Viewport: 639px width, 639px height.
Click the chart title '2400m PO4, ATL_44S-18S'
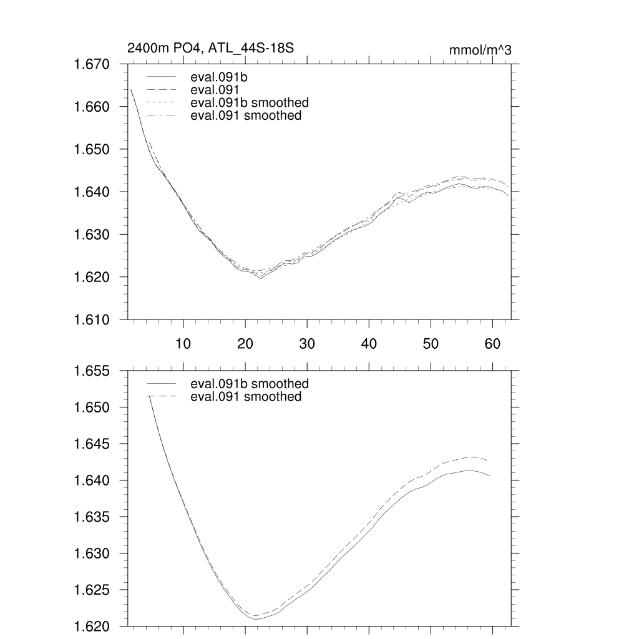[x=210, y=49]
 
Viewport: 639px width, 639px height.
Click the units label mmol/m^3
[x=480, y=50]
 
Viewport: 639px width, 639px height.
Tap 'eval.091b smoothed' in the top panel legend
[x=250, y=102]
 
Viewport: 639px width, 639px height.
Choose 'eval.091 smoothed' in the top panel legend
[x=246, y=115]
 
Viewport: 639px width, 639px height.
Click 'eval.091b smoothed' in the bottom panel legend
[x=250, y=383]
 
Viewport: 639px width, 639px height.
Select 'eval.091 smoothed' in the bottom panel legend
[x=246, y=397]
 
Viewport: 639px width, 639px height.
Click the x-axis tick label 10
[x=183, y=343]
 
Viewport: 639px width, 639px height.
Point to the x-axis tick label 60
[x=492, y=343]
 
